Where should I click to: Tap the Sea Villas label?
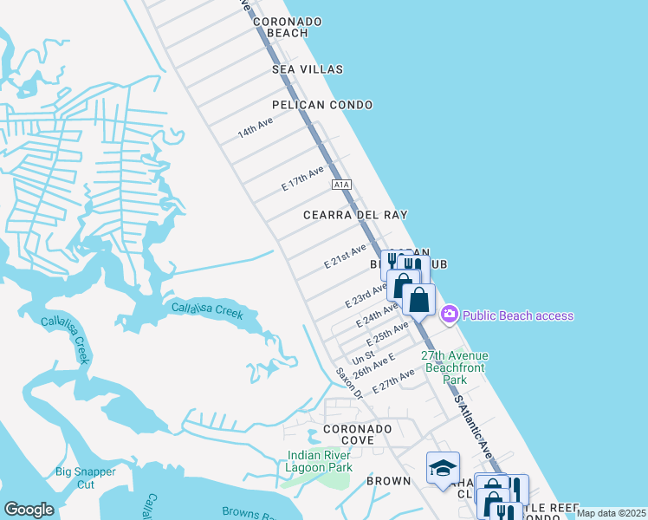(308, 69)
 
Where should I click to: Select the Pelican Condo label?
(322, 105)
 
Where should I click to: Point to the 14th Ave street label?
(256, 129)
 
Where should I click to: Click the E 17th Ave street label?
(302, 179)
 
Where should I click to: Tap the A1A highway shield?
(341, 185)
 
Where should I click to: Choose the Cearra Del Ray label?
(355, 214)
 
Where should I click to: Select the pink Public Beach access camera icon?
(449, 315)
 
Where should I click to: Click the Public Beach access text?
(517, 315)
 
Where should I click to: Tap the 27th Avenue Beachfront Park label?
(455, 367)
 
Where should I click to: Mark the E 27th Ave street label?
(399, 381)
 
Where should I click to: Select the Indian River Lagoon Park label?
(320, 461)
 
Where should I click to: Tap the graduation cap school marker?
(443, 468)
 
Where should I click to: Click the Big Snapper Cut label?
(86, 478)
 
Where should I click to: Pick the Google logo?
(29, 510)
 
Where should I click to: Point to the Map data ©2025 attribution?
(611, 513)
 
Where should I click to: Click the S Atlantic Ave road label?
(473, 429)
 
